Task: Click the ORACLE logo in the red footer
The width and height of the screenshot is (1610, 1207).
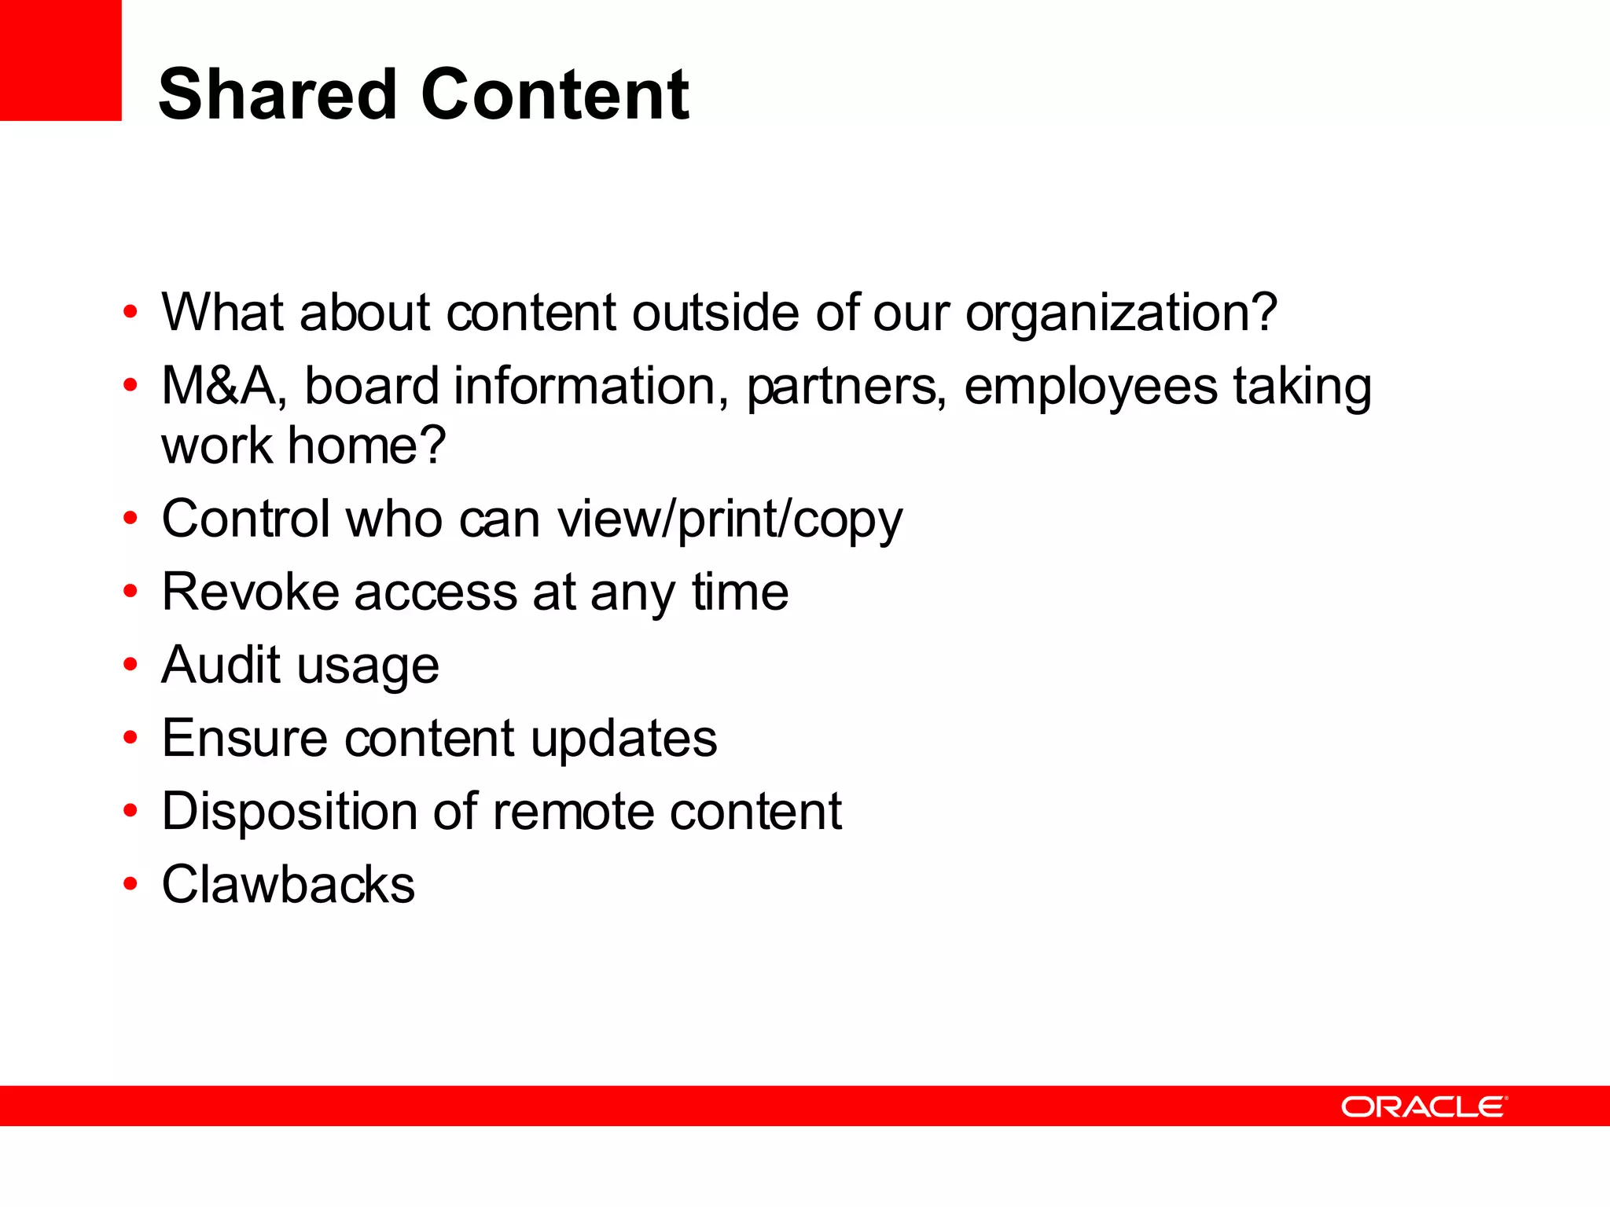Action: pyautogui.click(x=1424, y=1107)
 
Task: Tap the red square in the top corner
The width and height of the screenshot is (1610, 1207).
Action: pyautogui.click(x=61, y=61)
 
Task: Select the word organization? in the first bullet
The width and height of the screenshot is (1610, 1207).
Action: pyautogui.click(x=1121, y=314)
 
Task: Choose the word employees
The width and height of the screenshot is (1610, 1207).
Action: pyautogui.click(x=1090, y=387)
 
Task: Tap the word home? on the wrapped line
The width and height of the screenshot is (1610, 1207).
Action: pyautogui.click(x=367, y=446)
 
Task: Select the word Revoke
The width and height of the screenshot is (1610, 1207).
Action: pyautogui.click(x=251, y=592)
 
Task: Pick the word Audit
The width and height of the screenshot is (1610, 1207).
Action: pyautogui.click(x=221, y=665)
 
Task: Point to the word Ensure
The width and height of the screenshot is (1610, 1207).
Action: pyautogui.click(x=244, y=739)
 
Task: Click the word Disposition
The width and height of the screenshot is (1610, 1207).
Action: pyautogui.click(x=289, y=812)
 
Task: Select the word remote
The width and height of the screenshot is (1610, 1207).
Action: pyautogui.click(x=573, y=812)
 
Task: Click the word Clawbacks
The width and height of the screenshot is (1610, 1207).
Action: pyautogui.click(x=288, y=885)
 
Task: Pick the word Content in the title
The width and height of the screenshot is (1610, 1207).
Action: pyautogui.click(x=555, y=95)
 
